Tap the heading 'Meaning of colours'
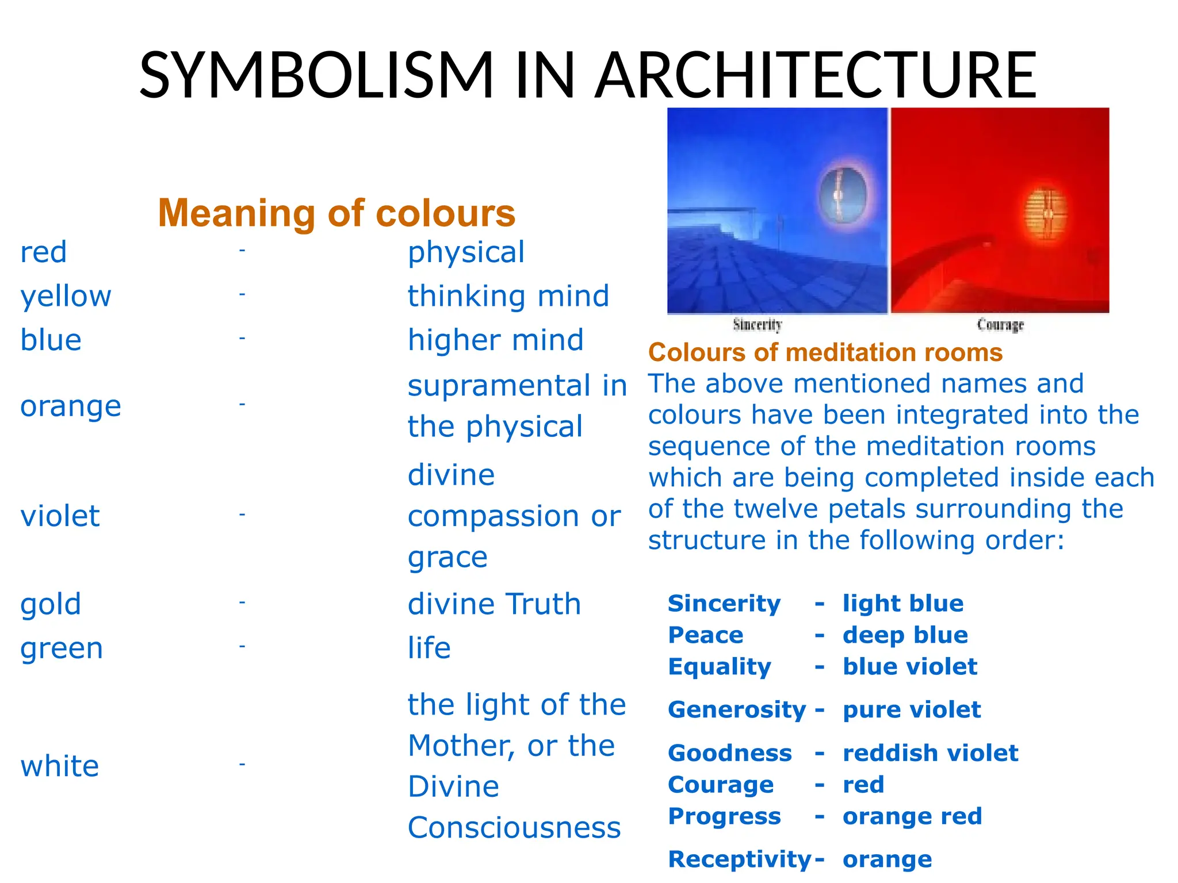tap(336, 213)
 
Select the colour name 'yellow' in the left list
tap(66, 297)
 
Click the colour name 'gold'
tap(51, 604)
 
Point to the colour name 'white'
tap(60, 766)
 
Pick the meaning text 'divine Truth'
tap(494, 604)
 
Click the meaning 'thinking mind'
tap(508, 297)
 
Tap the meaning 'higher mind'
tap(495, 340)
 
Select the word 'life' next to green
tap(429, 648)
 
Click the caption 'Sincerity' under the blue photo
tap(758, 325)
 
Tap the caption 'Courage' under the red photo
tap(1000, 325)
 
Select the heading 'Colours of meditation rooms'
tap(825, 352)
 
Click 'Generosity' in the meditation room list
tap(737, 710)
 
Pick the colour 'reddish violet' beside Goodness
tap(930, 753)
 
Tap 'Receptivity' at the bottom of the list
tap(740, 859)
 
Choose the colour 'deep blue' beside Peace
tap(905, 635)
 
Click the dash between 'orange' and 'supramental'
tap(242, 405)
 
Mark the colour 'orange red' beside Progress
tap(912, 816)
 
